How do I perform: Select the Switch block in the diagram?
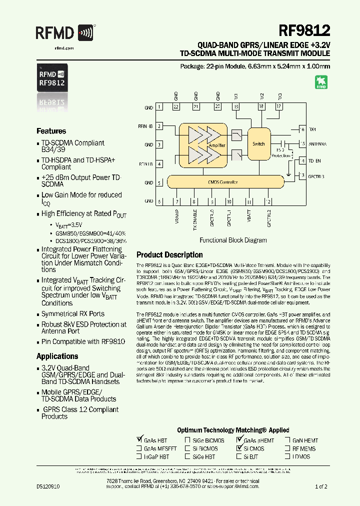tap(258, 144)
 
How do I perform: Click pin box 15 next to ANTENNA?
tap(301, 143)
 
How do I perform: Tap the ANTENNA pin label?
tap(318, 143)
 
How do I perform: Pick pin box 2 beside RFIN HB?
tap(159, 126)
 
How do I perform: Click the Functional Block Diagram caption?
tap(233, 240)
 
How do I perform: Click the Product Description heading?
tap(169, 254)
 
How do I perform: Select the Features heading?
tap(51, 131)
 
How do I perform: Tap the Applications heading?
tap(57, 356)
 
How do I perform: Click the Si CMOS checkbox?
tap(239, 448)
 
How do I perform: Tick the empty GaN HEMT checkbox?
tap(288, 440)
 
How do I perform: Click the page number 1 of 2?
tap(321, 486)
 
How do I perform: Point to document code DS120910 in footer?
tap(48, 486)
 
